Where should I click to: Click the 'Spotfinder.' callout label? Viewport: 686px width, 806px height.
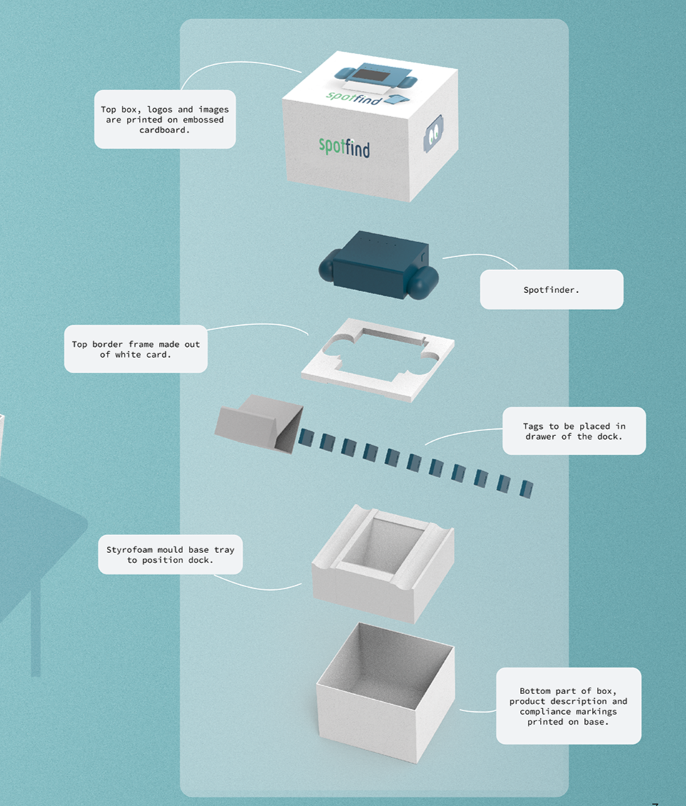[x=551, y=289]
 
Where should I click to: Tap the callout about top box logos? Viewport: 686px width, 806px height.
[x=165, y=119]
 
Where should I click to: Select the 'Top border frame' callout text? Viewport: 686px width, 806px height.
[x=135, y=348]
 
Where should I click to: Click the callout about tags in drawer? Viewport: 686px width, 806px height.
[x=573, y=431]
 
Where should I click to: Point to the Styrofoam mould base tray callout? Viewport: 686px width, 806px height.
[x=170, y=555]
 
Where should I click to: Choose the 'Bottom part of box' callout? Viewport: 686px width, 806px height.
[x=568, y=706]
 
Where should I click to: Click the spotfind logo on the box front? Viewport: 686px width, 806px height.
[x=344, y=148]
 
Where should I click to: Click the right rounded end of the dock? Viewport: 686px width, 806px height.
[x=425, y=284]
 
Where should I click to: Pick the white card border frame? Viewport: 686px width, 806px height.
[x=378, y=358]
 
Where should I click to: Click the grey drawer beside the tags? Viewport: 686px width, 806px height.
[x=259, y=425]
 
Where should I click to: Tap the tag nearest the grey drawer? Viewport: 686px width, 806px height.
[x=306, y=438]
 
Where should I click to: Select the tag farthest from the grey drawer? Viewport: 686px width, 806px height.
[x=526, y=489]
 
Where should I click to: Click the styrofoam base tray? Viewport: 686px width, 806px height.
[x=383, y=562]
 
